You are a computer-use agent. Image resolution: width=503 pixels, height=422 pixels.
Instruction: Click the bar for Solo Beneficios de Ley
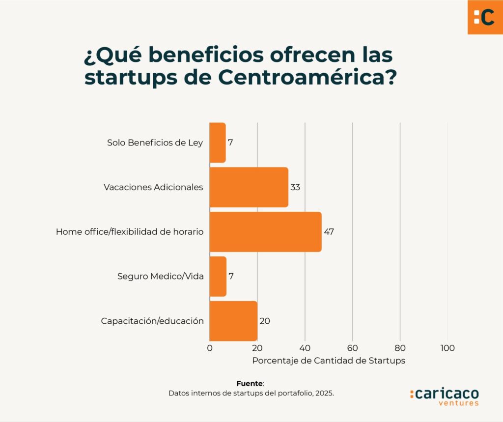pyautogui.click(x=218, y=142)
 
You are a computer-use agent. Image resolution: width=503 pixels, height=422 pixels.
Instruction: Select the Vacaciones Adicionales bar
pyautogui.click(x=249, y=187)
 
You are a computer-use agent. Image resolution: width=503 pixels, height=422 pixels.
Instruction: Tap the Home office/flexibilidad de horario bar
pyautogui.click(x=265, y=232)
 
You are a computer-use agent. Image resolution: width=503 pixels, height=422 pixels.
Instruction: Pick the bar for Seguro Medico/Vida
pyautogui.click(x=218, y=276)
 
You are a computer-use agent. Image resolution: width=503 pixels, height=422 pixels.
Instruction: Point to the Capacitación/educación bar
pyautogui.click(x=233, y=321)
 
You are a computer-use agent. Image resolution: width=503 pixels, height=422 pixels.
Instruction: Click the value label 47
pyautogui.click(x=329, y=232)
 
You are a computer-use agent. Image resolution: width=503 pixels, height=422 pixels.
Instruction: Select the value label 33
pyautogui.click(x=295, y=187)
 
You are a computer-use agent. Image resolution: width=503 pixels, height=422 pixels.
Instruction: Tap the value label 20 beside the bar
pyautogui.click(x=264, y=321)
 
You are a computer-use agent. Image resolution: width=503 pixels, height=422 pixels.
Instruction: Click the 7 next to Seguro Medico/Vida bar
pyautogui.click(x=231, y=276)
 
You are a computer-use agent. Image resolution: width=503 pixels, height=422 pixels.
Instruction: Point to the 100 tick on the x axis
pyautogui.click(x=447, y=348)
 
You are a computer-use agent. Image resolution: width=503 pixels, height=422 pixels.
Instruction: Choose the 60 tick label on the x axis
pyautogui.click(x=352, y=348)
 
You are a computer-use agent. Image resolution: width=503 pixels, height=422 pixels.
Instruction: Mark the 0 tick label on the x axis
pyautogui.click(x=210, y=348)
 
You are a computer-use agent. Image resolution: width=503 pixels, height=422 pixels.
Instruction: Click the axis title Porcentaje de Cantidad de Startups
pyautogui.click(x=328, y=361)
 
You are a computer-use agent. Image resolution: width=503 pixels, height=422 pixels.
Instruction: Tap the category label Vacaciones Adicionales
pyautogui.click(x=153, y=187)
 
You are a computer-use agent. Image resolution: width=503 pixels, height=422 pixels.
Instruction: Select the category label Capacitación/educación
pyautogui.click(x=152, y=321)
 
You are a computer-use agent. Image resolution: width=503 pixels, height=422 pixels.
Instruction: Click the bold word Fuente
pyautogui.click(x=250, y=383)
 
